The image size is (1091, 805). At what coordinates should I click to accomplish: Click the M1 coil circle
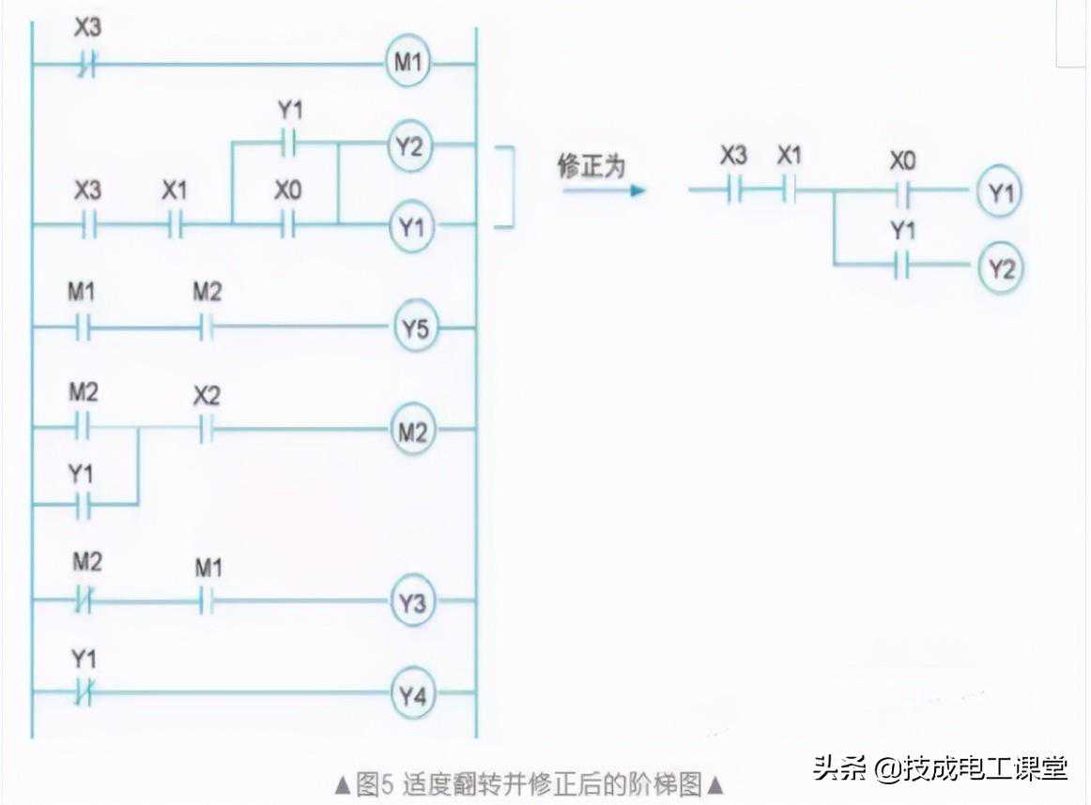[407, 64]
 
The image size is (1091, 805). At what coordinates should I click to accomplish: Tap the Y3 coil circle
[414, 602]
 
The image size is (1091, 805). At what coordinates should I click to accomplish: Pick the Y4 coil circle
[414, 695]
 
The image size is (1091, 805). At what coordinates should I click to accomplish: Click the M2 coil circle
[414, 432]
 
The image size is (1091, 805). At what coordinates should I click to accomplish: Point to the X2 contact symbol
[207, 432]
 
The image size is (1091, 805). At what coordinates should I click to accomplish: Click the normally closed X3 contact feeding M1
[87, 65]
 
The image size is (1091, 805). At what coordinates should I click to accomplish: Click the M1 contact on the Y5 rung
[84, 328]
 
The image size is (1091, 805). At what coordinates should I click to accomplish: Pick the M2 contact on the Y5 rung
[207, 328]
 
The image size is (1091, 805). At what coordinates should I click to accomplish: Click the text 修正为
[592, 167]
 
